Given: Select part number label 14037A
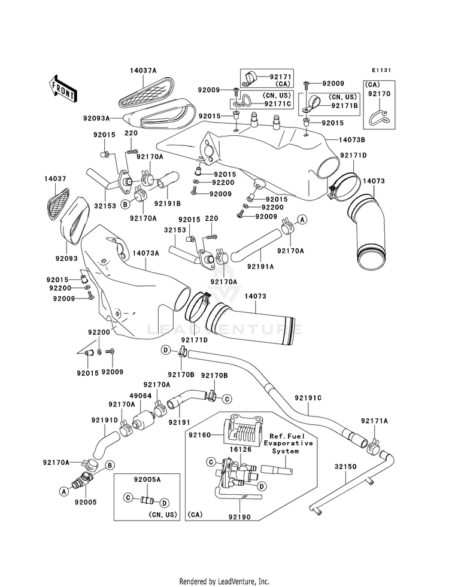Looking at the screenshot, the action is point(144,71).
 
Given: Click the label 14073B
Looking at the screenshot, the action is point(352,139).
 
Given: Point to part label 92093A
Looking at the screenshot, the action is point(96,118).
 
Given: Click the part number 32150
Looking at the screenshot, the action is point(345,467).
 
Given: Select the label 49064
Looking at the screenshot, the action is point(141,396).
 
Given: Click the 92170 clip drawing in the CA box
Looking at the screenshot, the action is point(379,117).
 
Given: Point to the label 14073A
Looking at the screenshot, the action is point(145,253).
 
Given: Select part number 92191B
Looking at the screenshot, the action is point(168,203).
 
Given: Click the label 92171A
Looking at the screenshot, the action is point(375,421).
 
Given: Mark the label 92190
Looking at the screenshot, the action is point(239,518).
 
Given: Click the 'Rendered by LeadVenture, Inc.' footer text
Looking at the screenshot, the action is point(224,582).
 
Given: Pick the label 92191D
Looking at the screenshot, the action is point(105,420).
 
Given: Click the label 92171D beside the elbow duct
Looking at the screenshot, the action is point(353,155).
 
